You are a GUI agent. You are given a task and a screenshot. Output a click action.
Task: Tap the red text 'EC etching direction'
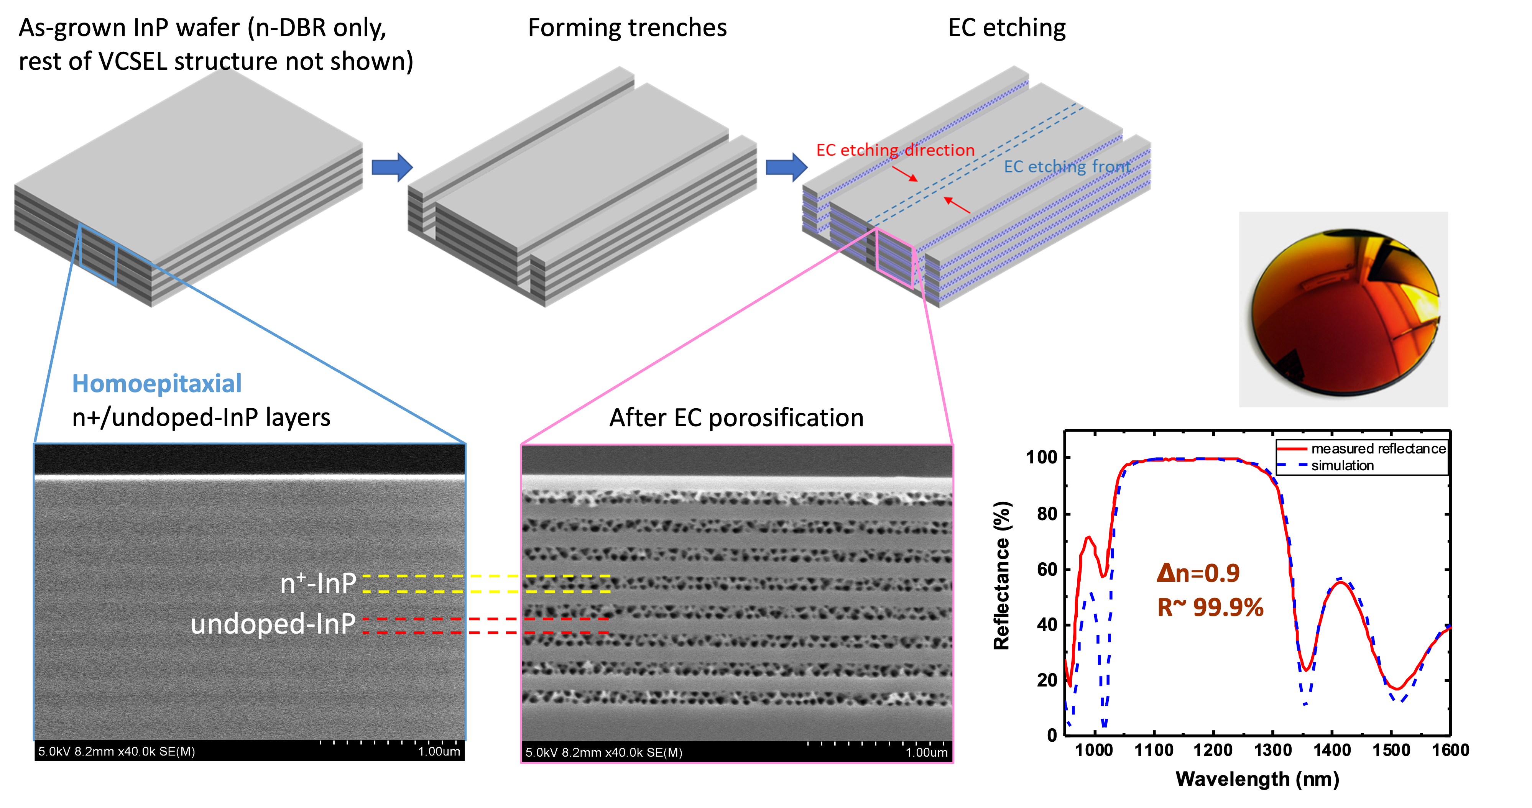895,150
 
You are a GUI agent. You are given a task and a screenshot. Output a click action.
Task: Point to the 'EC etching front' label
1067,166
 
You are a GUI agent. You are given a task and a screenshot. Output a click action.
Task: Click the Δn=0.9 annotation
1198,573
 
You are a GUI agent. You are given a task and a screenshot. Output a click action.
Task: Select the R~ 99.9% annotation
1210,608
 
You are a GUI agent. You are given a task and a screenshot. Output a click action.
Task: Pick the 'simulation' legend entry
1342,466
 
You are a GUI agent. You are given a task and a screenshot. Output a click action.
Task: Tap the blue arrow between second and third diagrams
786,167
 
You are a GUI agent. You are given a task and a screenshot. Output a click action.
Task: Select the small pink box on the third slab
894,259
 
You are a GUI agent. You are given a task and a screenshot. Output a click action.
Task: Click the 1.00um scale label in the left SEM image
439,752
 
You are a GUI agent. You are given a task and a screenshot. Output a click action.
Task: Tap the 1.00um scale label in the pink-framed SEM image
926,753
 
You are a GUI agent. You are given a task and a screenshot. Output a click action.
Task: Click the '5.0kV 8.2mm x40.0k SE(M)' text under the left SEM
117,752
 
